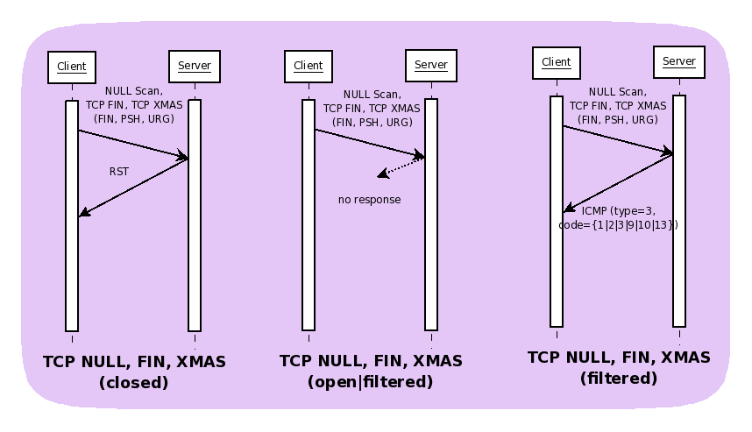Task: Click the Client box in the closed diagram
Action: (72, 67)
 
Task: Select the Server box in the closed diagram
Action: (194, 67)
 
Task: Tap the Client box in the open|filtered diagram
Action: (309, 67)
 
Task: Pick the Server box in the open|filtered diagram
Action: (430, 65)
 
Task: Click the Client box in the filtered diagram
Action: (557, 62)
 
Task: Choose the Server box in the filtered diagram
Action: (679, 61)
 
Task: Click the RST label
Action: (118, 172)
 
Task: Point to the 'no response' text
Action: (369, 200)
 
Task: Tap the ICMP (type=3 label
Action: (618, 211)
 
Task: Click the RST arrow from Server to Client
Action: (133, 187)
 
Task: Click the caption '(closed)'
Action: (133, 383)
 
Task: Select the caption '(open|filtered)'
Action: (371, 382)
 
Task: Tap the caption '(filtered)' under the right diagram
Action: (619, 379)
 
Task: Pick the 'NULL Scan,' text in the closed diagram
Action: (133, 90)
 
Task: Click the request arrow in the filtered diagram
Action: (617, 140)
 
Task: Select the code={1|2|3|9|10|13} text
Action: (618, 225)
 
